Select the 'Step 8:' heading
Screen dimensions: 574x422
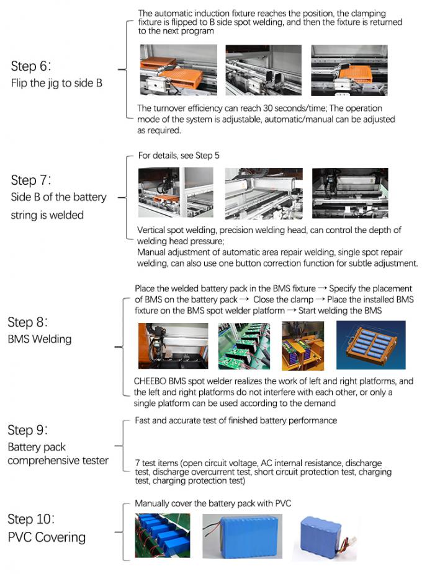coord(29,322)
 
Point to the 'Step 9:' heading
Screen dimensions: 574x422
coord(29,430)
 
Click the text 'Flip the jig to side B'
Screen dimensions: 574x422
coord(56,82)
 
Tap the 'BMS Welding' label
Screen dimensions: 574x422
coord(39,339)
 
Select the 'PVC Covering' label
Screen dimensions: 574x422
coord(47,537)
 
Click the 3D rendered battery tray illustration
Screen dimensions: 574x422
coord(370,345)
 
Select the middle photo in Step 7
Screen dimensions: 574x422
coord(263,193)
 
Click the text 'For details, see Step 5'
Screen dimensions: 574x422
coord(178,156)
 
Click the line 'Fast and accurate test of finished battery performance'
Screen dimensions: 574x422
coord(236,421)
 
